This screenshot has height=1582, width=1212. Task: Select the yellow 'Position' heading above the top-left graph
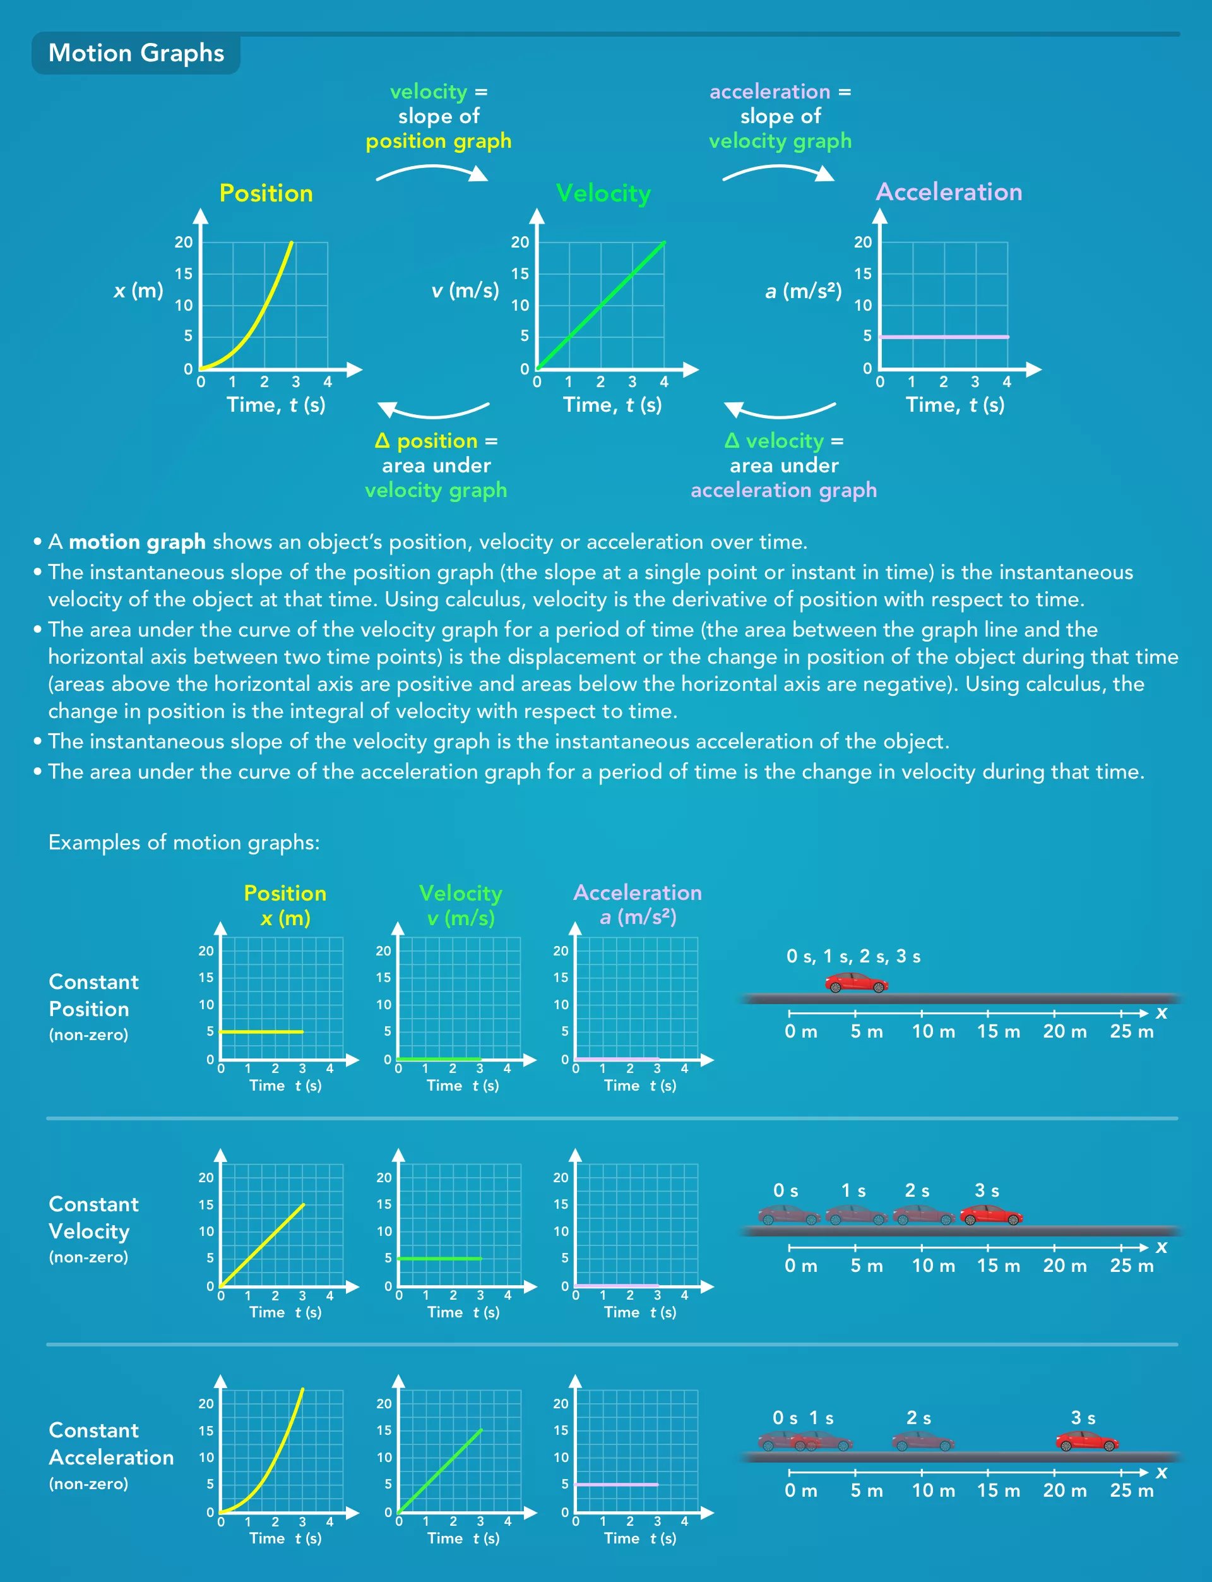click(266, 193)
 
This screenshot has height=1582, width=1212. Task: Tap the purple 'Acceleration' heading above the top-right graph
click(949, 192)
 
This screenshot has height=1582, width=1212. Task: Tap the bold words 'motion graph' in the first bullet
click(137, 542)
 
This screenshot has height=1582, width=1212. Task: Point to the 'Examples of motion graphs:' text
click(184, 842)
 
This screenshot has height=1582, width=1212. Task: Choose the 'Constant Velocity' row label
click(94, 1218)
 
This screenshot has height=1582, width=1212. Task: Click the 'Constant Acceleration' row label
click(111, 1444)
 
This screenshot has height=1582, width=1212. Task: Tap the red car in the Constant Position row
click(857, 982)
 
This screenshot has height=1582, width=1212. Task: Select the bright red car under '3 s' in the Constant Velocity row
click(991, 1214)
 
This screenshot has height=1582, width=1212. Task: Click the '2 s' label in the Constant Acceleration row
click(918, 1418)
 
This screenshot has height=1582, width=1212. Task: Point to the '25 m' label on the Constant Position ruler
click(1131, 1031)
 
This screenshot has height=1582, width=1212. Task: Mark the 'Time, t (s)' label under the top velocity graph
click(612, 405)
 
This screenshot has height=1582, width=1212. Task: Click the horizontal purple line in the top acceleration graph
click(944, 337)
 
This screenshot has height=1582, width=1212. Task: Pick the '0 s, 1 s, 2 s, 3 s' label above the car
click(853, 957)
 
